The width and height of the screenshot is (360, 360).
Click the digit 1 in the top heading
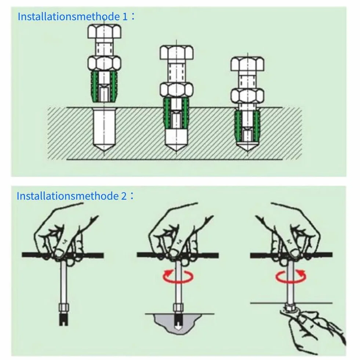[x=125, y=17]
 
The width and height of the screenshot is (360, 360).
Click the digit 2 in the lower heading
[x=124, y=196]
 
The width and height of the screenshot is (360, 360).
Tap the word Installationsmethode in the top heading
[x=69, y=17]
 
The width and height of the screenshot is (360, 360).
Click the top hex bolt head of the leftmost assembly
[x=105, y=31]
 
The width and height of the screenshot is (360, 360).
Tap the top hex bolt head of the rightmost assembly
[x=247, y=64]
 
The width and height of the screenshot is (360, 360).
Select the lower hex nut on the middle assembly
[x=177, y=90]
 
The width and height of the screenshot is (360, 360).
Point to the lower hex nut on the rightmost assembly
[x=247, y=96]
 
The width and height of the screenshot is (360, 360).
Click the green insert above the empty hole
[x=105, y=86]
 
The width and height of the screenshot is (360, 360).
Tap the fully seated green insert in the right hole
[x=247, y=126]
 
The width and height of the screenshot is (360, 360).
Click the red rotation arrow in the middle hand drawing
[x=178, y=276]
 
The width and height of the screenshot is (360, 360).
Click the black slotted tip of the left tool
[x=64, y=318]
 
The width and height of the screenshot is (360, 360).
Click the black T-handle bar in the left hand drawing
[x=63, y=255]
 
